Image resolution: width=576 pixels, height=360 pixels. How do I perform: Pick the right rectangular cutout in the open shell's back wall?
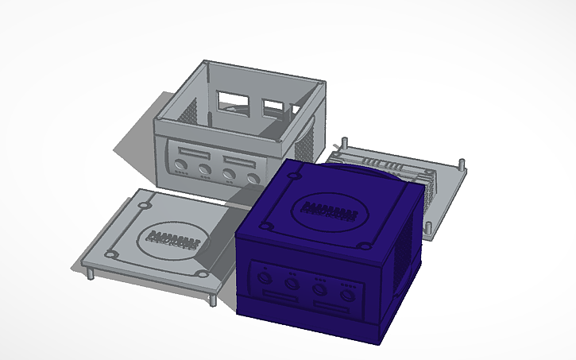click(x=273, y=106)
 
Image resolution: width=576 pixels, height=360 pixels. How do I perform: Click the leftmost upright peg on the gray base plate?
click(x=346, y=143)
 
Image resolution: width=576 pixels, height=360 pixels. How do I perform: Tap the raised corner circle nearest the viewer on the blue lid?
click(x=365, y=241)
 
